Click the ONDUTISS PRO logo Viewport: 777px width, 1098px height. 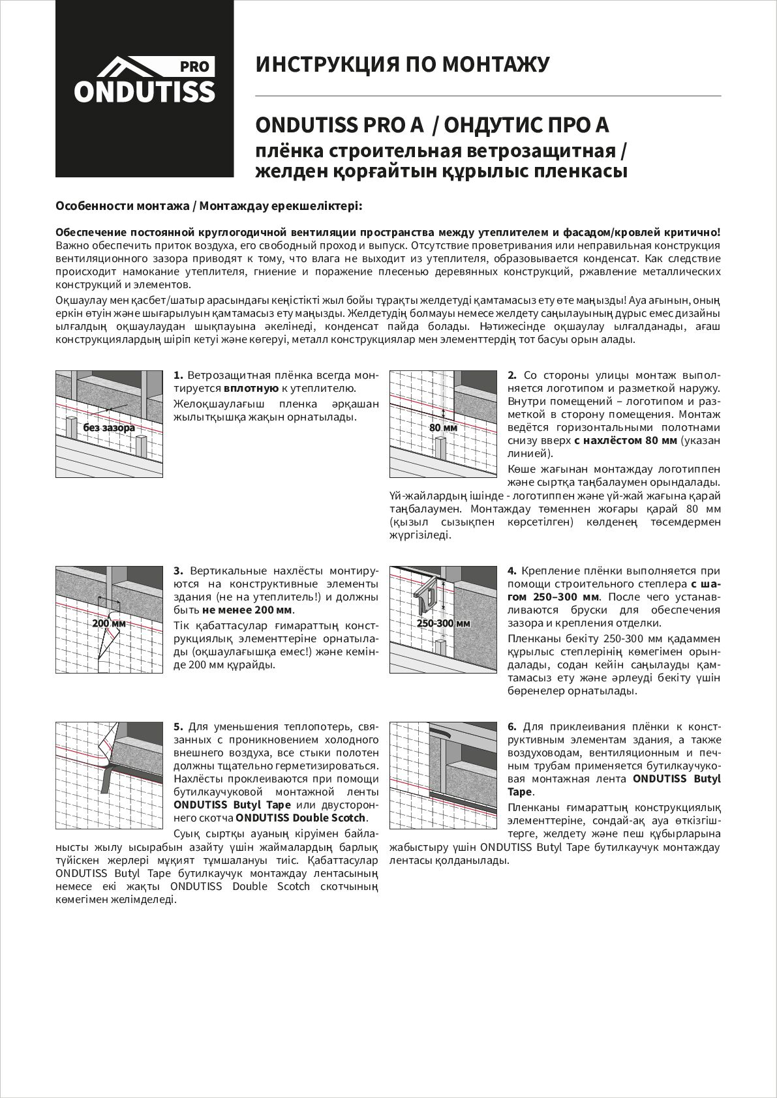click(x=144, y=81)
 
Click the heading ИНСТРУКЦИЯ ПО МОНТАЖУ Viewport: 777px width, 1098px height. click(x=402, y=65)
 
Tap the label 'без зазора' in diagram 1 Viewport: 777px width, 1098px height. click(x=109, y=428)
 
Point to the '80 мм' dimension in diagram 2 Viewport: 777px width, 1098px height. click(x=443, y=428)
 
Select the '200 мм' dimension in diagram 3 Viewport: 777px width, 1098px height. click(x=108, y=623)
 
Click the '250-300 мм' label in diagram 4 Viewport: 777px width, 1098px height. click(x=443, y=623)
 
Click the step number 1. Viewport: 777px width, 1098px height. click(x=177, y=376)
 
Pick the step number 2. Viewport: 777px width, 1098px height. click(x=512, y=376)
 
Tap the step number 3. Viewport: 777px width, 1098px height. click(x=177, y=571)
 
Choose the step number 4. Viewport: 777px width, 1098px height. click(x=512, y=571)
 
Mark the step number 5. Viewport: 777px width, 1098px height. click(x=177, y=726)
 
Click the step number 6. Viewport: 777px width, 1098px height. click(x=512, y=726)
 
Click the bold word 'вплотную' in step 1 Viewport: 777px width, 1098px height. click(x=251, y=389)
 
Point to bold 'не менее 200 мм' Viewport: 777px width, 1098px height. click(x=247, y=610)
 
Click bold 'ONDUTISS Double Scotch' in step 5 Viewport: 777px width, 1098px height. click(x=301, y=818)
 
